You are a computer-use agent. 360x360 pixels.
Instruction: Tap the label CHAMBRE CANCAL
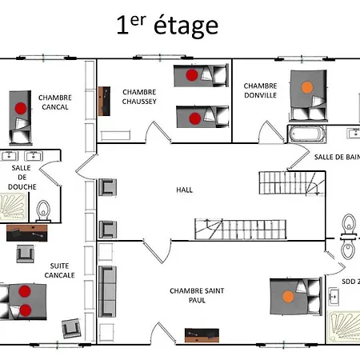(55, 102)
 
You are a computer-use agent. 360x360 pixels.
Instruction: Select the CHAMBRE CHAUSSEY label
(139, 96)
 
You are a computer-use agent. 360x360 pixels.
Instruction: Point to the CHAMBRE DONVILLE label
(261, 90)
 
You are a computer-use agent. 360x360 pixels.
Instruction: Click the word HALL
(185, 190)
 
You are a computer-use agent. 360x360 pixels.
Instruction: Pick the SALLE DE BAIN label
(336, 157)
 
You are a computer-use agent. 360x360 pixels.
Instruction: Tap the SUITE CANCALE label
(62, 270)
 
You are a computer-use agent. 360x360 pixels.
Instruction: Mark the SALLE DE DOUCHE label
(21, 177)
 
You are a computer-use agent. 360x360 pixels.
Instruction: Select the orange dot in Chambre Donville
(306, 85)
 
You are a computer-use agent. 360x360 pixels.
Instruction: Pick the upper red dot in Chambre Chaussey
(191, 75)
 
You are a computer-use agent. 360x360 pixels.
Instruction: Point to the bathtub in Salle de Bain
(306, 134)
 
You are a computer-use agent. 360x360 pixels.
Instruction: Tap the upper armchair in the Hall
(107, 188)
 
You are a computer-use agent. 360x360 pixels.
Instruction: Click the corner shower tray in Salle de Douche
(17, 208)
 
